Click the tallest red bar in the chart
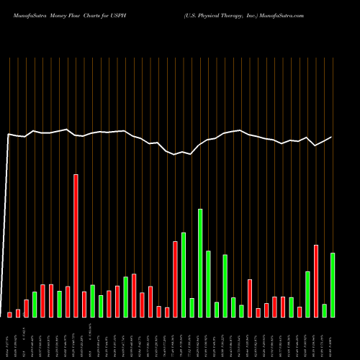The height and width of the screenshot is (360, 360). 76,245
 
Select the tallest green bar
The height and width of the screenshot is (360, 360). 200,263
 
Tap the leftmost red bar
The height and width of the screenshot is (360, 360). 9,314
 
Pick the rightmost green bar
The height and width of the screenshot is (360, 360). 333,284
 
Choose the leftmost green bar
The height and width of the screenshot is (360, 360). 35,304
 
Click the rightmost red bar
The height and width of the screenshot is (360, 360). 316,281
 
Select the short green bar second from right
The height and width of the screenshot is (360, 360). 325,310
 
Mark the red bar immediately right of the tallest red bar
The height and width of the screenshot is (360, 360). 84,304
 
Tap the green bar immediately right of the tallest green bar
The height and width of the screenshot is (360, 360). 208,284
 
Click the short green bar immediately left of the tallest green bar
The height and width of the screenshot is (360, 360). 192,307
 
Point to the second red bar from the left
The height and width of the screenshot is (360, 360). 18,312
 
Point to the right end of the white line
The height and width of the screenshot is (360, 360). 332,137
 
